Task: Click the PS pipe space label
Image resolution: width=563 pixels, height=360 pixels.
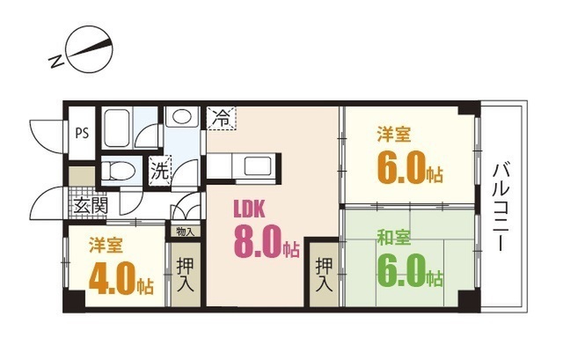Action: pyautogui.click(x=82, y=133)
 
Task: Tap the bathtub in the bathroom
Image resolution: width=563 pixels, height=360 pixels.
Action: pyautogui.click(x=117, y=128)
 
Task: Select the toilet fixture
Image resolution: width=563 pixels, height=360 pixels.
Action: pyautogui.click(x=118, y=171)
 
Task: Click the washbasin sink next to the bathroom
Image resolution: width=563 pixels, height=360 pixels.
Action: pyautogui.click(x=182, y=117)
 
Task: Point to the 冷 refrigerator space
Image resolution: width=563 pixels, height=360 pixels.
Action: pyautogui.click(x=222, y=118)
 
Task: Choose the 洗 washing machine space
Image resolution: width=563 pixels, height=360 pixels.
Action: pyautogui.click(x=160, y=170)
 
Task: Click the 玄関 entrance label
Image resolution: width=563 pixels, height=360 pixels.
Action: pyautogui.click(x=91, y=206)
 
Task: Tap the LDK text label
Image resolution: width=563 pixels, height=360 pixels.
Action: pyautogui.click(x=250, y=209)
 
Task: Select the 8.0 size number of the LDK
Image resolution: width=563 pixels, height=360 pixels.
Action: pyautogui.click(x=257, y=242)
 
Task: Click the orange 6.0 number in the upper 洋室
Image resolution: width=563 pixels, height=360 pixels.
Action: pyautogui.click(x=401, y=168)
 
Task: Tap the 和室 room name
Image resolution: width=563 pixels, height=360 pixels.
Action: pyautogui.click(x=393, y=238)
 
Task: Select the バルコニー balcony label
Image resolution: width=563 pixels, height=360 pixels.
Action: pyautogui.click(x=501, y=207)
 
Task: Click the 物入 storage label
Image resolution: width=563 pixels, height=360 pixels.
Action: pyautogui.click(x=186, y=231)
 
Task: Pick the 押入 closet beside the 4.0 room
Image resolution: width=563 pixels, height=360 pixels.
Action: pyautogui.click(x=186, y=275)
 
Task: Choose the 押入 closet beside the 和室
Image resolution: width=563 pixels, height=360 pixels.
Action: pyautogui.click(x=324, y=276)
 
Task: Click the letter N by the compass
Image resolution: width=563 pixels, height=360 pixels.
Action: pyautogui.click(x=56, y=62)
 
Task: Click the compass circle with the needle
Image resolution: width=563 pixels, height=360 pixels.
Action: pyautogui.click(x=90, y=51)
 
